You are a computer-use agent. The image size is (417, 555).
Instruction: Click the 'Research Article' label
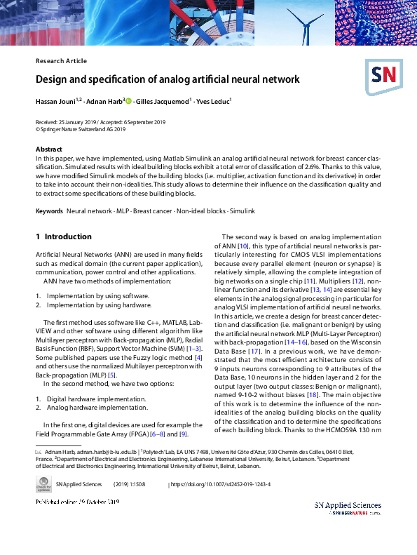coord(61,61)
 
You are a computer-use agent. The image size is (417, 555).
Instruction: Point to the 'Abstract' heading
coord(49,149)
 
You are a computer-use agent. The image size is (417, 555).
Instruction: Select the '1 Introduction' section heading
coord(64,237)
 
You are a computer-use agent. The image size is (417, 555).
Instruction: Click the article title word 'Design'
coord(54,80)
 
